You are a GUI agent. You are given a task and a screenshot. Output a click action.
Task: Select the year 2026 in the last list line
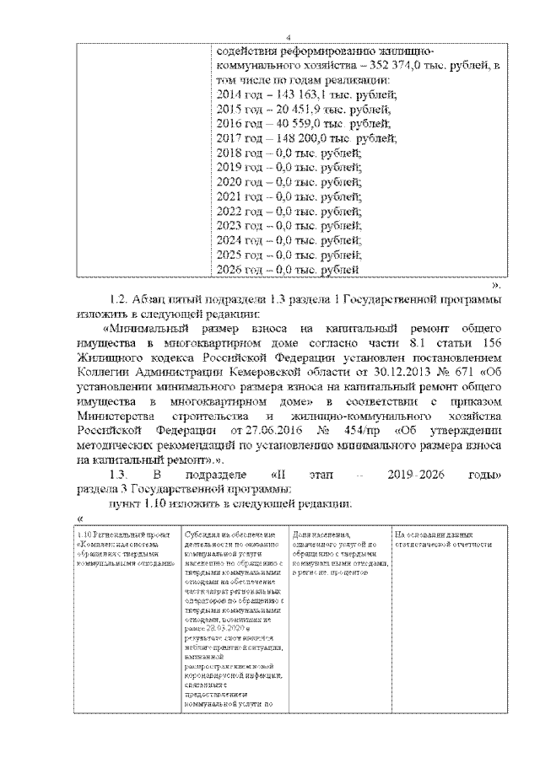229,269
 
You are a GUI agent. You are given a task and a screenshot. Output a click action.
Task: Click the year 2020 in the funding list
229,182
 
